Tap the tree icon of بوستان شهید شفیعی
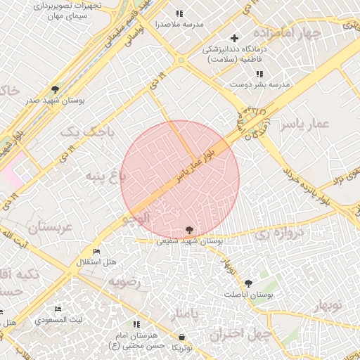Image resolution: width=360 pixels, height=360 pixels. [x=189, y=229]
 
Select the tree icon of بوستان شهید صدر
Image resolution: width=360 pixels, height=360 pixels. [x=55, y=89]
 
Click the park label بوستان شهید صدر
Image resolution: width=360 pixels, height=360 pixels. [x=56, y=101]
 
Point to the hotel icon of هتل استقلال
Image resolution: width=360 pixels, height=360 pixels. [x=96, y=252]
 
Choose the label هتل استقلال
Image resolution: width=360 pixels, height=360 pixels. [x=96, y=262]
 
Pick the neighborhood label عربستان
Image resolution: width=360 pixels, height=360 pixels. [x=50, y=227]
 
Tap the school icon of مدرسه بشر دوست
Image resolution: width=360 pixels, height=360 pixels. [x=259, y=74]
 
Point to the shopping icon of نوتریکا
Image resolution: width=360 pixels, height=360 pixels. [x=182, y=337]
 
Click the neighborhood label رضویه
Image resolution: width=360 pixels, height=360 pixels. [x=124, y=281]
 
